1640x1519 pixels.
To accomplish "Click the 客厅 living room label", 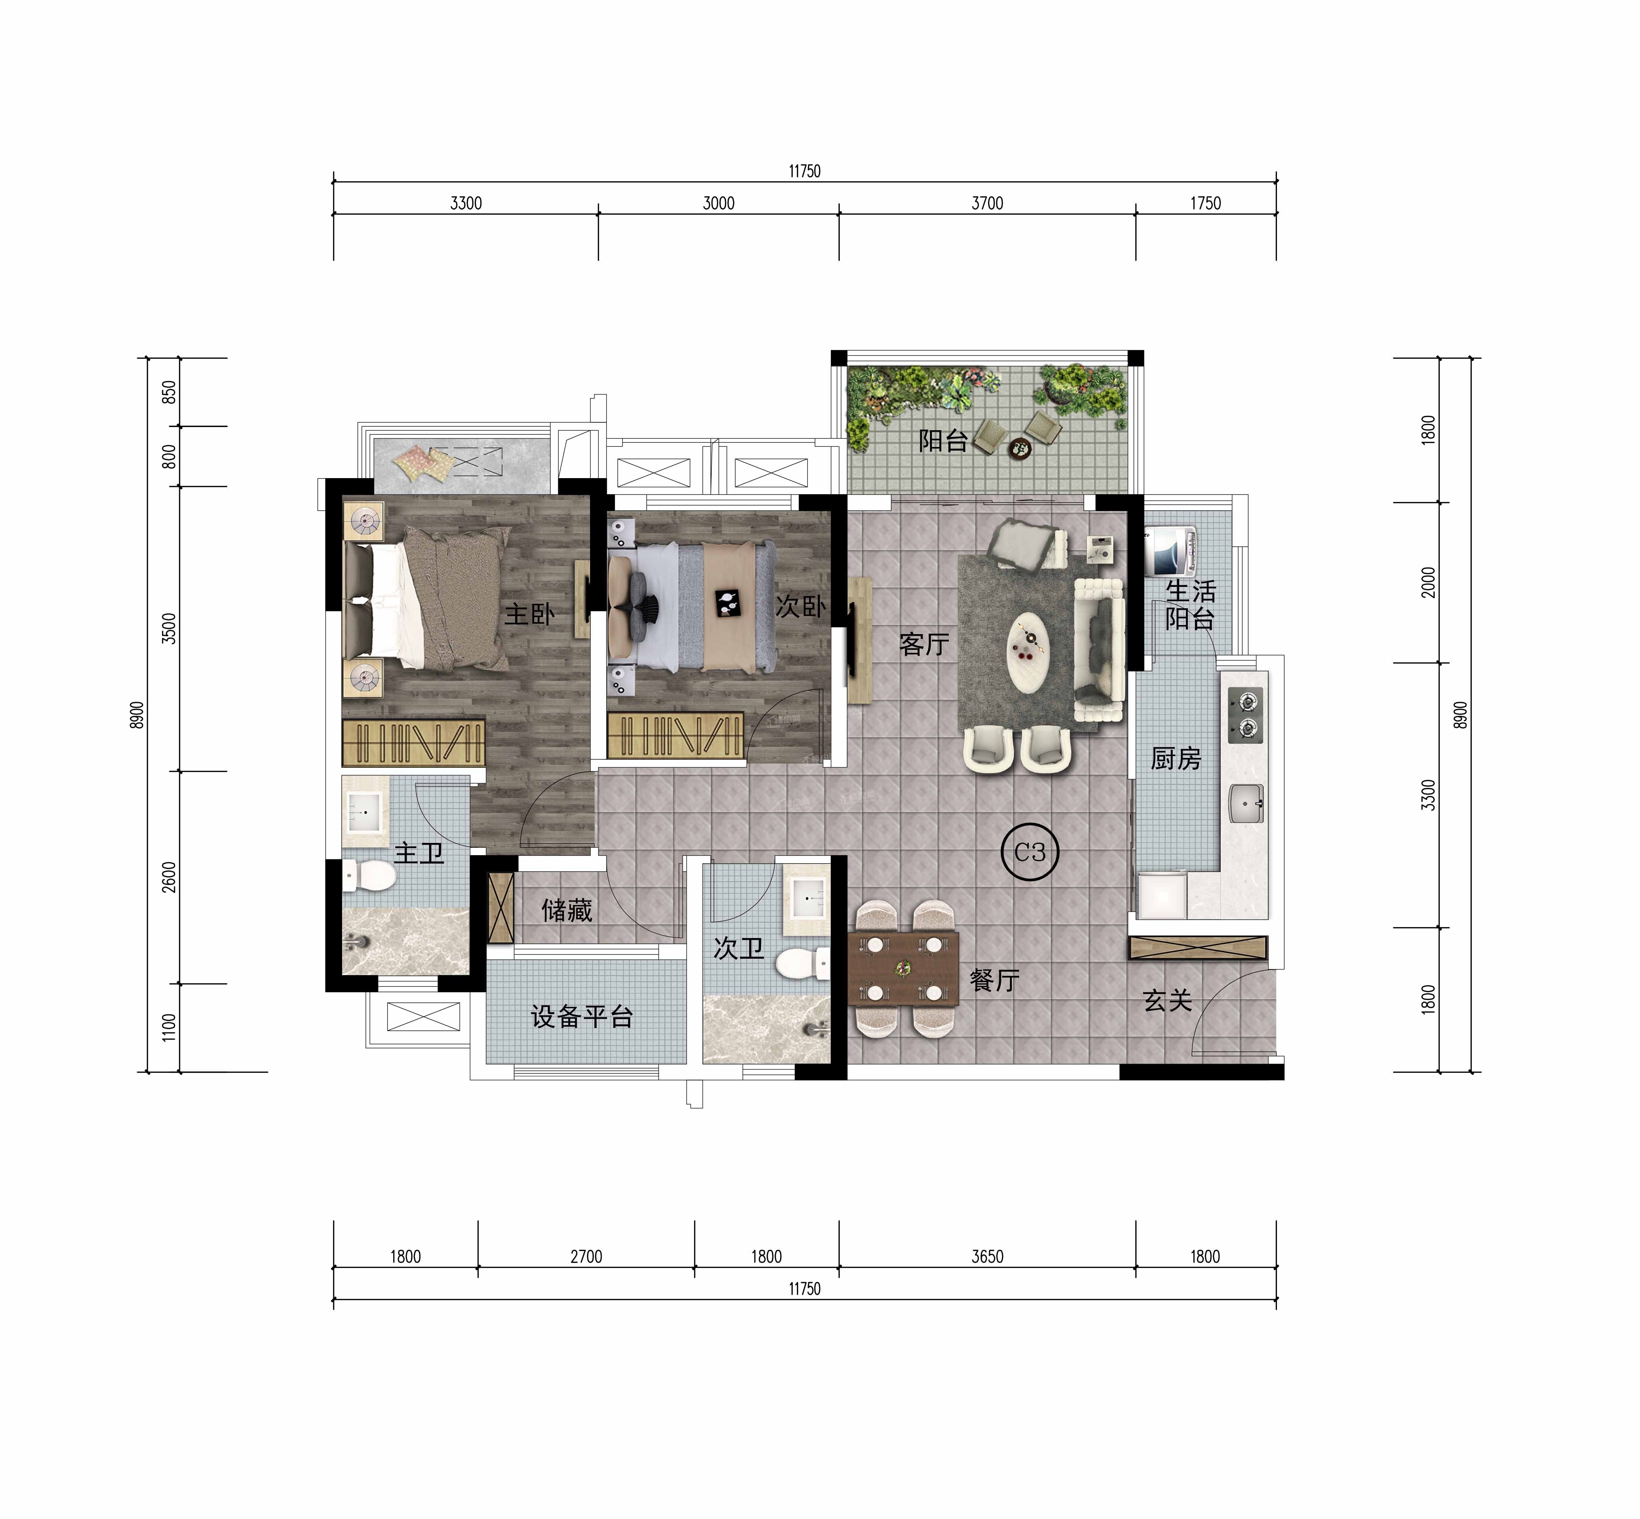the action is click(x=924, y=644).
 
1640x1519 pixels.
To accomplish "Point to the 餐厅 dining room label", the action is click(x=995, y=980).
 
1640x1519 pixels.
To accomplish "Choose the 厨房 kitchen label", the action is click(x=1176, y=758).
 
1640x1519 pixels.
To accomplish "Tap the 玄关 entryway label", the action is click(x=1167, y=1000).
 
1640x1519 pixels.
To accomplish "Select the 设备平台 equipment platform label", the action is click(x=582, y=1017).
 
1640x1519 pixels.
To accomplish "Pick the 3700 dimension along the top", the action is click(x=987, y=203).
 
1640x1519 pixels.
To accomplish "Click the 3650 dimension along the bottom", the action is click(x=987, y=1256).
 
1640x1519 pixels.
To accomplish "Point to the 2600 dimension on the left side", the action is click(x=169, y=876).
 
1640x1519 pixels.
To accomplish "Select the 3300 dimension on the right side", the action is click(x=1429, y=795).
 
